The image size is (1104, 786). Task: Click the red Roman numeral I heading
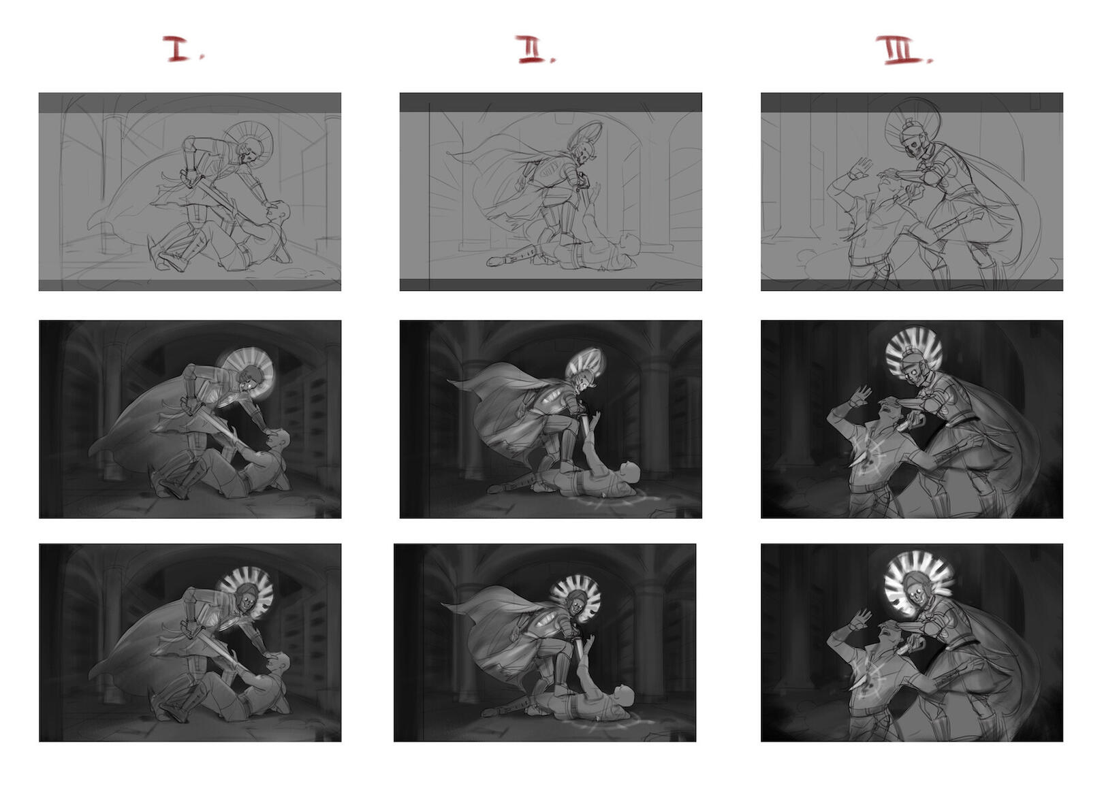179,49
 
